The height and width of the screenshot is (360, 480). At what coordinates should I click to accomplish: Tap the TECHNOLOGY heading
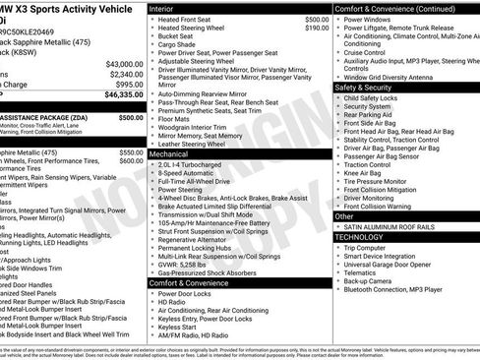tap(361, 237)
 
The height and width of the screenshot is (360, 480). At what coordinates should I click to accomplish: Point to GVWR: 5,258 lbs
tap(193, 264)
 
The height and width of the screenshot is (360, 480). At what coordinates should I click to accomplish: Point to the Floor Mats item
tap(181, 117)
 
